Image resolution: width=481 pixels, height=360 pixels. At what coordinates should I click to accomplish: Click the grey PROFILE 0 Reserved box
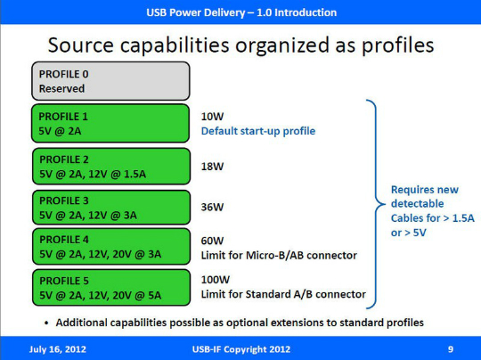[x=110, y=81]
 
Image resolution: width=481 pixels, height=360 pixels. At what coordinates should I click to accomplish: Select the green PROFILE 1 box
[x=110, y=123]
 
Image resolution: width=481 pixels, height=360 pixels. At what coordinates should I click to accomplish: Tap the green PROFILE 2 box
[x=111, y=167]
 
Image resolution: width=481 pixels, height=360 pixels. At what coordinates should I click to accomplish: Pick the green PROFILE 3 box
[x=111, y=208]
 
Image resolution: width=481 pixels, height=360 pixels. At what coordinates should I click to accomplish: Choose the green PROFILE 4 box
[x=111, y=247]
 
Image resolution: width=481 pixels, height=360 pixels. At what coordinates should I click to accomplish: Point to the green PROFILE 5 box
[x=111, y=288]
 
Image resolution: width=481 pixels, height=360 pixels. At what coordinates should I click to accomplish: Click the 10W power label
[x=212, y=117]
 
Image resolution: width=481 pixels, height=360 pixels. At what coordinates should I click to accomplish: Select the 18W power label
[x=212, y=167]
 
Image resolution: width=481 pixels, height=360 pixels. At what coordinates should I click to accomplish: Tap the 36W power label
[x=212, y=207]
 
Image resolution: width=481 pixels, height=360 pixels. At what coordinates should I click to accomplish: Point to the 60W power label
[x=212, y=241]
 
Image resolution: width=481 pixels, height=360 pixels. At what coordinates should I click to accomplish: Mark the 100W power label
[x=216, y=280]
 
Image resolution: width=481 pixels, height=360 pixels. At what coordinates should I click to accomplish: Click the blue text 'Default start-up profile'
[x=258, y=131]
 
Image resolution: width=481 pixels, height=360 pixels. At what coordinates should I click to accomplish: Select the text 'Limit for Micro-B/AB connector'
[x=279, y=256]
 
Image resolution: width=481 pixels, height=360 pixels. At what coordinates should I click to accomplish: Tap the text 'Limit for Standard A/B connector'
[x=283, y=294]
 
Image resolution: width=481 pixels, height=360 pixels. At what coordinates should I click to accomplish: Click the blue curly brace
[x=376, y=204]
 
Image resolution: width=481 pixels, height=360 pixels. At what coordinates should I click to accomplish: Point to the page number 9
[x=451, y=349]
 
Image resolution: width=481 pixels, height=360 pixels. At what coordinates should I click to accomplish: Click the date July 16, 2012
[x=58, y=349]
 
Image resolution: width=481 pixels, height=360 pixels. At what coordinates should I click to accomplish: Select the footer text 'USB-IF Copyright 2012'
[x=241, y=349]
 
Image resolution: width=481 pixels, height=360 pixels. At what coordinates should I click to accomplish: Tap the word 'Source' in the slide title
[x=81, y=45]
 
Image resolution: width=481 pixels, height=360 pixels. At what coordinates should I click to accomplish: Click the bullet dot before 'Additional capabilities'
[x=46, y=323]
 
